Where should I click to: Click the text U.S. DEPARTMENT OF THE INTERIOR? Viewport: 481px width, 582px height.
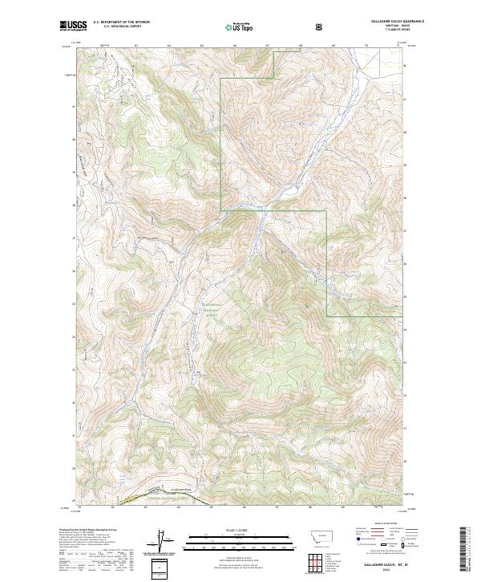(x=121, y=22)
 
